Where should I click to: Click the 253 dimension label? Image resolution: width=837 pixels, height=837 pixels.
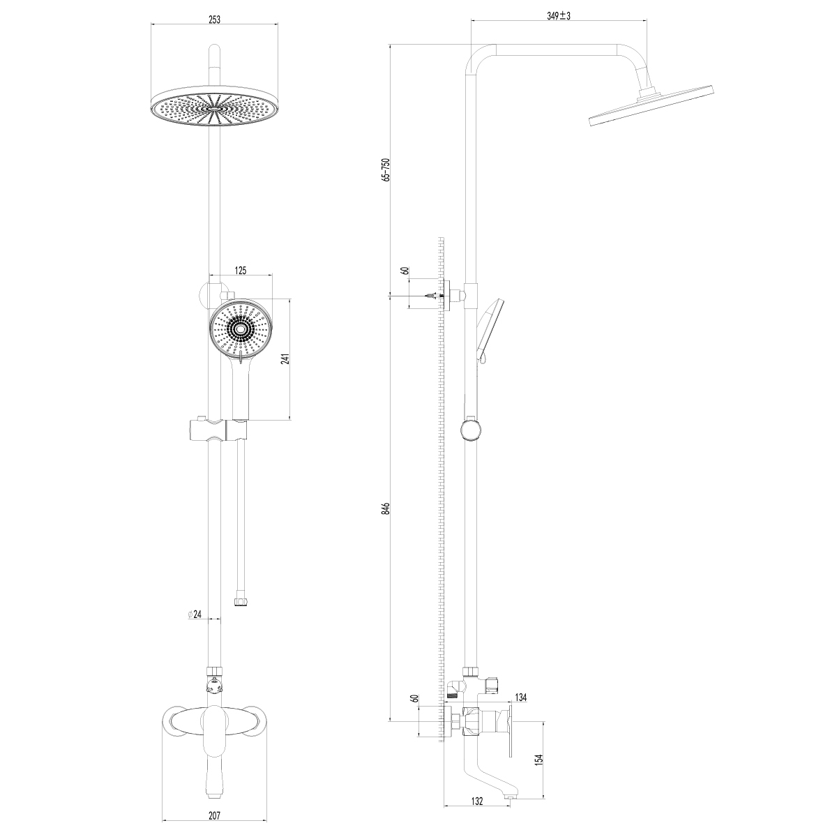(215, 20)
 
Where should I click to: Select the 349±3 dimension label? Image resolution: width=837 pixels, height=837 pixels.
(559, 16)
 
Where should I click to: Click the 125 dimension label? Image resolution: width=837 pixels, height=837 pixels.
(241, 271)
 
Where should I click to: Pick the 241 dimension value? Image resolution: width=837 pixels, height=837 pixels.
(285, 359)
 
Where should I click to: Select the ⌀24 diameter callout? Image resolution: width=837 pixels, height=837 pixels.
(195, 614)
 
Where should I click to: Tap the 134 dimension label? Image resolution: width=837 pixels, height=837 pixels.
(520, 697)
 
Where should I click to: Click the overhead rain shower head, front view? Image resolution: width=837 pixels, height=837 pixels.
(215, 107)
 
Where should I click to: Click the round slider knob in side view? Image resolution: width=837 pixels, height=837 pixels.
(471, 430)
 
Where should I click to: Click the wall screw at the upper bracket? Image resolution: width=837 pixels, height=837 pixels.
(432, 296)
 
